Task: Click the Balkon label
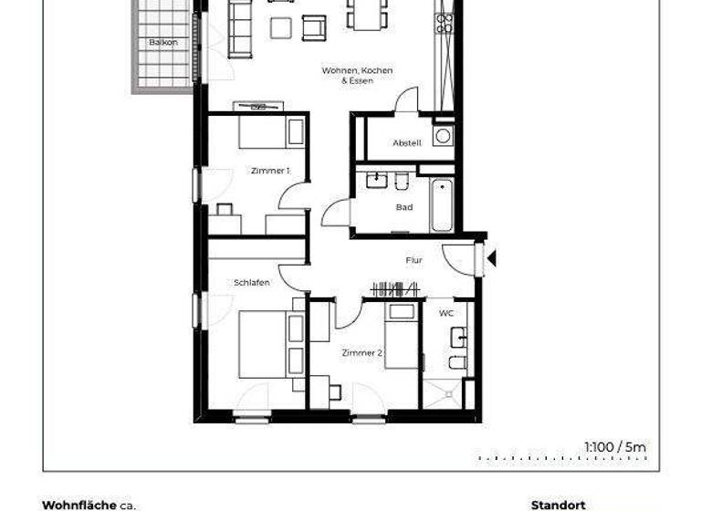[163, 43]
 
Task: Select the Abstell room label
[406, 144]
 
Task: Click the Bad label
[404, 207]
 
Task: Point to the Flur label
[414, 261]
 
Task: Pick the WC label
[446, 313]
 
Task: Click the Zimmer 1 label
[270, 171]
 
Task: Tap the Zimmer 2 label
[361, 352]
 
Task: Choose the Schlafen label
[251, 284]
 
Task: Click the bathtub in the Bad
[442, 205]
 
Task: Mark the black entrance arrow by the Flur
[491, 259]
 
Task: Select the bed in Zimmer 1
[271, 132]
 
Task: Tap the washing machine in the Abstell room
[444, 136]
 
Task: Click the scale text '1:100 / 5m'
[615, 446]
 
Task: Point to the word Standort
[558, 504]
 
